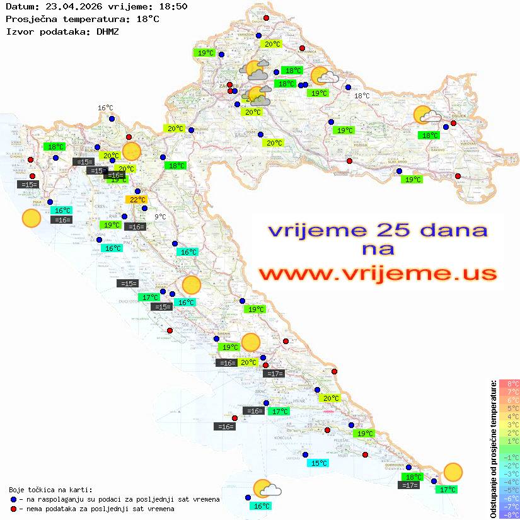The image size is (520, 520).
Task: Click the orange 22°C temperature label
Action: pos(136,200)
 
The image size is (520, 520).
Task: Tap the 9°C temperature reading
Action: pos(161,217)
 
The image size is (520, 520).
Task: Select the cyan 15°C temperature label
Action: pos(317,463)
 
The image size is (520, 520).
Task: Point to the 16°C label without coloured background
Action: pos(105,108)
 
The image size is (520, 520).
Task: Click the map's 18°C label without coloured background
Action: pos(362,96)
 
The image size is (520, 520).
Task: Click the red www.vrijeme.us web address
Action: pos(377,274)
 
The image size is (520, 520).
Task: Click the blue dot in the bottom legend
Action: pos(13,499)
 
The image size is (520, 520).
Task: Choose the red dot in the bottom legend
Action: pos(13,509)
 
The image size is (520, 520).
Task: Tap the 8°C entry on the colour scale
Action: pos(509,384)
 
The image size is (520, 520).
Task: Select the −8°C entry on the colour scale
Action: pos(509,515)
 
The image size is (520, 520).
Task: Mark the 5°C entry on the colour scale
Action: pos(509,408)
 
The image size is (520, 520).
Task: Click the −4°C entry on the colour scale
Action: pos(509,482)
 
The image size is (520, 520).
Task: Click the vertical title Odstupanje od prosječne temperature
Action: pos(494,449)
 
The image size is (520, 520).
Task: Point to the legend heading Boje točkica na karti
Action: pos(50,489)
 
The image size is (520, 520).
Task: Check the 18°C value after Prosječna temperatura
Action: pos(147,19)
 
